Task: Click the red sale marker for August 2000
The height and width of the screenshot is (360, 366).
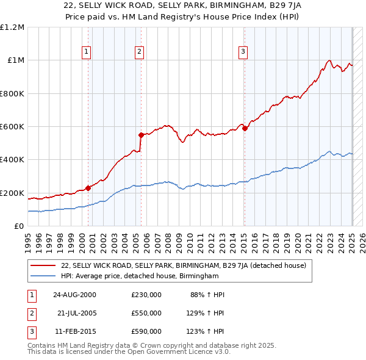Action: [88, 188]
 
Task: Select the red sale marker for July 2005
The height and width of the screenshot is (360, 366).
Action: [141, 135]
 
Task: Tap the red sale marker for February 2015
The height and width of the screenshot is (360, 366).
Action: [245, 128]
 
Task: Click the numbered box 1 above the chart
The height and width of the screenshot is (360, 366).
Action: [87, 52]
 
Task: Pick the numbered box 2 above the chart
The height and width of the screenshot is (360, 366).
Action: [140, 52]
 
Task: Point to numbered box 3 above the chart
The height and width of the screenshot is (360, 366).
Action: [243, 52]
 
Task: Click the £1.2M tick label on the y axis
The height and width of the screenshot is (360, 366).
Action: [12, 27]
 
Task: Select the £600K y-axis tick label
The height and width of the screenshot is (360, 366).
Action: [12, 127]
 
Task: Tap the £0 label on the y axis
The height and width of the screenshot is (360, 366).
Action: [18, 226]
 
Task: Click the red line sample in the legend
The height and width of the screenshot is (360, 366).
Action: [45, 265]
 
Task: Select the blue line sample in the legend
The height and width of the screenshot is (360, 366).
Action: [45, 276]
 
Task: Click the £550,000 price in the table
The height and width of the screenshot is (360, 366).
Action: [146, 313]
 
